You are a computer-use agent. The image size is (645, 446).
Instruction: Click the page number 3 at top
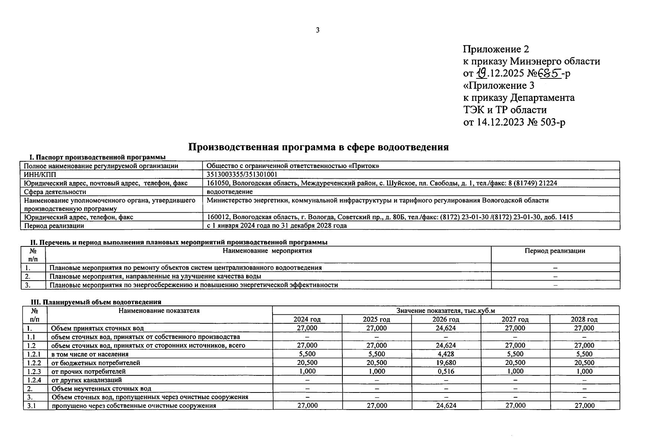tap(317, 30)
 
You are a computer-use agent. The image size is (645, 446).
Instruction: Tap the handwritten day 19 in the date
tap(482, 73)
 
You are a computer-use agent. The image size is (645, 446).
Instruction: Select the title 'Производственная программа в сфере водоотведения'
tap(318, 147)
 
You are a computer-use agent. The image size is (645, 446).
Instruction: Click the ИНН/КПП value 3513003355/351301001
tap(242, 174)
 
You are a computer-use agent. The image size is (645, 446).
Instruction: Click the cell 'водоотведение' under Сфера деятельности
tap(230, 192)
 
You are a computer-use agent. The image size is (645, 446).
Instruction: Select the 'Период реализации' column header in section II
tap(555, 251)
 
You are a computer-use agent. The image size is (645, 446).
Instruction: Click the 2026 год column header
tap(446, 319)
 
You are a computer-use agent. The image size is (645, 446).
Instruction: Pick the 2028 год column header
tap(584, 319)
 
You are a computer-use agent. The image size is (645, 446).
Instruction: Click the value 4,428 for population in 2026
tap(446, 354)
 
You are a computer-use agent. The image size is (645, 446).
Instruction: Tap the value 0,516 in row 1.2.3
tap(446, 371)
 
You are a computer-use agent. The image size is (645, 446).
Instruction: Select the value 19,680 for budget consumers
tap(446, 363)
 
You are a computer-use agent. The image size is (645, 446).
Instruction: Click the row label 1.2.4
tap(34, 380)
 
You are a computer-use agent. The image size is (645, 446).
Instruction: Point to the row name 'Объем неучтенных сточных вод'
tap(101, 389)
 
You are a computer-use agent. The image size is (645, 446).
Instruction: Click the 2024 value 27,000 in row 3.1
tap(307, 405)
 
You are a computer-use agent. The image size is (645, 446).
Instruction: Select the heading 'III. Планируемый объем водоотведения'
tap(96, 302)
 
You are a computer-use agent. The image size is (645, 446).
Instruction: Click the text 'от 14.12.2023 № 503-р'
tap(514, 122)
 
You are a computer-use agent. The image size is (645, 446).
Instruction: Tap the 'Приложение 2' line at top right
tap(496, 49)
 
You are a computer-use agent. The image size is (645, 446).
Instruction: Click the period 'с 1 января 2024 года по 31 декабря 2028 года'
tap(277, 226)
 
